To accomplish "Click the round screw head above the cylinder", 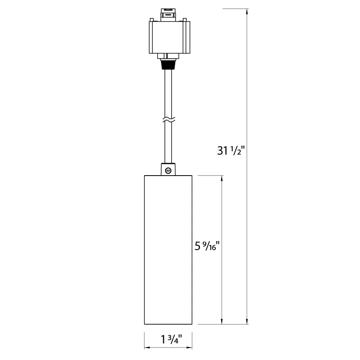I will click(168, 171).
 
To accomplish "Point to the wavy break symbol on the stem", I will click(168, 119).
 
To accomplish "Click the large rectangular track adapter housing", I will click(168, 37).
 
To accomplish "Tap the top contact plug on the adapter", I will click(168, 13).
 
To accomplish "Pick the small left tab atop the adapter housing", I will click(152, 19).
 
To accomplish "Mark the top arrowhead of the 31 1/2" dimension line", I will click(248, 12).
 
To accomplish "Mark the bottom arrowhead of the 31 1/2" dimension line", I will click(248, 320).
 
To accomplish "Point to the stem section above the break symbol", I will click(168, 92).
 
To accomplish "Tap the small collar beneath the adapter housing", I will click(168, 56).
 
